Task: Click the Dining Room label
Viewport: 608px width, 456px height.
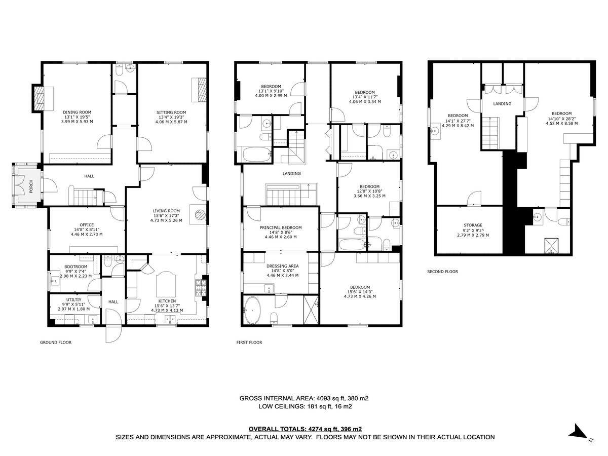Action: [x=77, y=112]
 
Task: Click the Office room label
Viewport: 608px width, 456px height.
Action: [x=87, y=225]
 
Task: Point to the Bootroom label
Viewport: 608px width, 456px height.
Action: [x=75, y=267]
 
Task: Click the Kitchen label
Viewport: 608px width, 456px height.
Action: [x=167, y=300]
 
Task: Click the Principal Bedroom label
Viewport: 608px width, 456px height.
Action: [x=281, y=227]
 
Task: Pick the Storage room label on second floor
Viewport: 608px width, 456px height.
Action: [x=473, y=225]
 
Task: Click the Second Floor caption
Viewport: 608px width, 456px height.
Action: [x=442, y=272]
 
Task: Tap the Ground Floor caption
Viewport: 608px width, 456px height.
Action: [x=56, y=343]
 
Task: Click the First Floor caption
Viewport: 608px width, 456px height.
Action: [x=249, y=343]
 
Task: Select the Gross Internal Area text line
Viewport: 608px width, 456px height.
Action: [x=304, y=398]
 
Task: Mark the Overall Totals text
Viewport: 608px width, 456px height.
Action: [x=305, y=429]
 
